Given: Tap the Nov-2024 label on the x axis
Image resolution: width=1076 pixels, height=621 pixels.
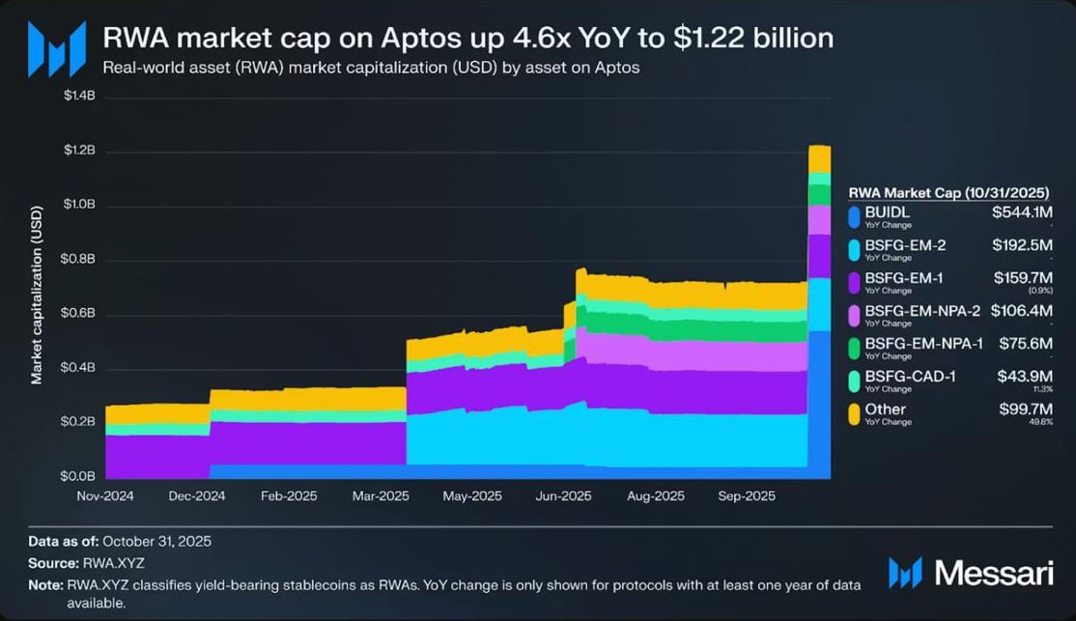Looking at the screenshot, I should (x=103, y=495).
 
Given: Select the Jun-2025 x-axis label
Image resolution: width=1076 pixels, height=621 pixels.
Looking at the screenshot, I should (x=563, y=495).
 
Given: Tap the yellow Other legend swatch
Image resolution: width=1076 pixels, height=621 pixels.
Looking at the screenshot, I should (x=854, y=413).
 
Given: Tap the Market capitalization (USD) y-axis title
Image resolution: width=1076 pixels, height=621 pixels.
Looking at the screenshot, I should (x=37, y=295).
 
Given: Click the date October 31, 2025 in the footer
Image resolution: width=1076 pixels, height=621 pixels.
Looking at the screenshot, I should (x=156, y=541).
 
